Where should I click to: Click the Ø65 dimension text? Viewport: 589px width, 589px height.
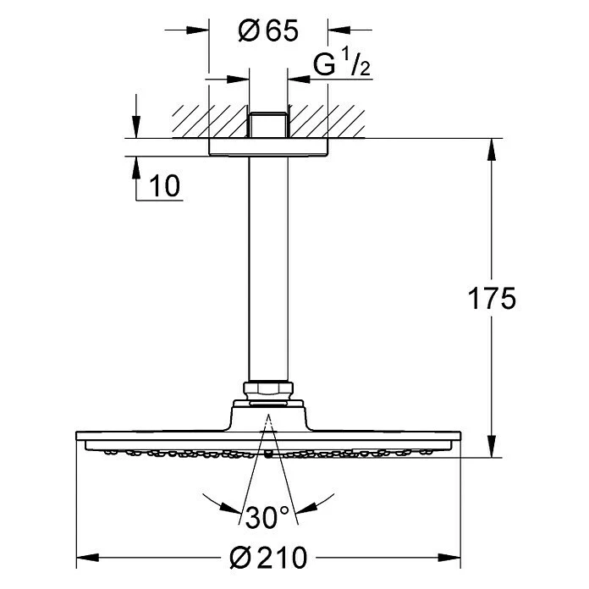pos(268,32)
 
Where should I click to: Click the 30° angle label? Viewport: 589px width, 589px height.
pos(267,514)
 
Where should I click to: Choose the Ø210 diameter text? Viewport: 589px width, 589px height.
pos(270,559)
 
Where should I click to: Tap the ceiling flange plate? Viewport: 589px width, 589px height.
pos(268,146)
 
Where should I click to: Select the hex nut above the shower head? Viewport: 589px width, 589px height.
pos(268,389)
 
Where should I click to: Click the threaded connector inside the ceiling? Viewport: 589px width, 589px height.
pos(268,123)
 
